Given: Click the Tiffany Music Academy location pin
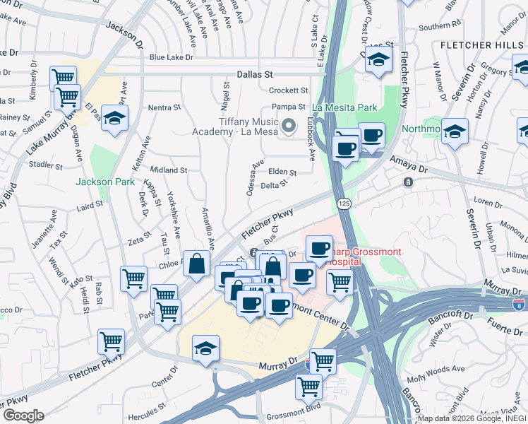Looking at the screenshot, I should pos(288,127).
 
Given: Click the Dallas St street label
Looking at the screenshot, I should pos(255,73).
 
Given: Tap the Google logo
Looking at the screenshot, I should pos(23,416).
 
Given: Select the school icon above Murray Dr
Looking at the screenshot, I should pos(205,348).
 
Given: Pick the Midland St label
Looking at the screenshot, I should pos(168,170).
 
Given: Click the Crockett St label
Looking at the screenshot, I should pos(289,90).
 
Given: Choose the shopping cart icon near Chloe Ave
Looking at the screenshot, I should pos(133,278).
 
